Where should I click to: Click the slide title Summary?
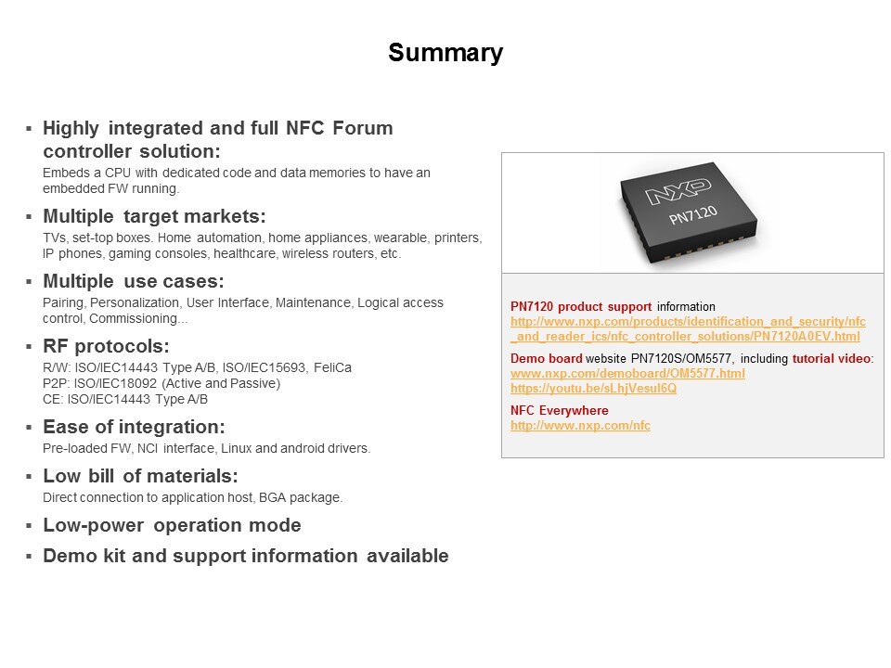445,53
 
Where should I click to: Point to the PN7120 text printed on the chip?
693,214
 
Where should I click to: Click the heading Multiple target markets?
155,216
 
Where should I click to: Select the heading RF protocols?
106,346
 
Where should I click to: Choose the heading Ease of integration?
134,427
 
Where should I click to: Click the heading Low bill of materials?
140,476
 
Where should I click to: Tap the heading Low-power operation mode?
173,525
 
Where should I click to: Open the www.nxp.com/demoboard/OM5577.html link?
627,374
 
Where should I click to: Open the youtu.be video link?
593,389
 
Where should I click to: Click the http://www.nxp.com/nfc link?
580,426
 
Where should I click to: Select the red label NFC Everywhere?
559,411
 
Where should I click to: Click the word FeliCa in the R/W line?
332,367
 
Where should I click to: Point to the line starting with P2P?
161,383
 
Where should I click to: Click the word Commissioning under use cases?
138,318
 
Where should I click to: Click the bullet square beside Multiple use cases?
29,282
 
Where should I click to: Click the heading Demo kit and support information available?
246,556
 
